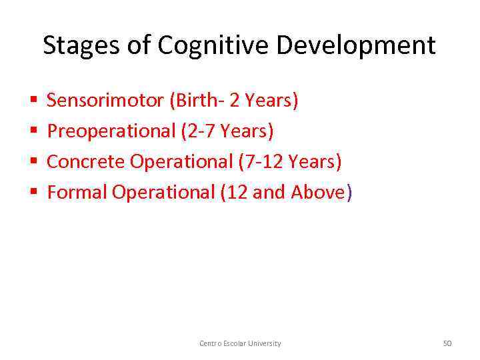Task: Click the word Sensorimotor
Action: click(x=105, y=101)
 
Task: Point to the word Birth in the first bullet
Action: click(x=194, y=101)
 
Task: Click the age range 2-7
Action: click(x=201, y=131)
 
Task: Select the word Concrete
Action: click(x=86, y=162)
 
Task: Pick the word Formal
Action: click(x=77, y=193)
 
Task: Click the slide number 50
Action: click(x=447, y=343)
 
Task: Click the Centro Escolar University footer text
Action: click(x=240, y=343)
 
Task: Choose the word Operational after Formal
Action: click(x=163, y=193)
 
